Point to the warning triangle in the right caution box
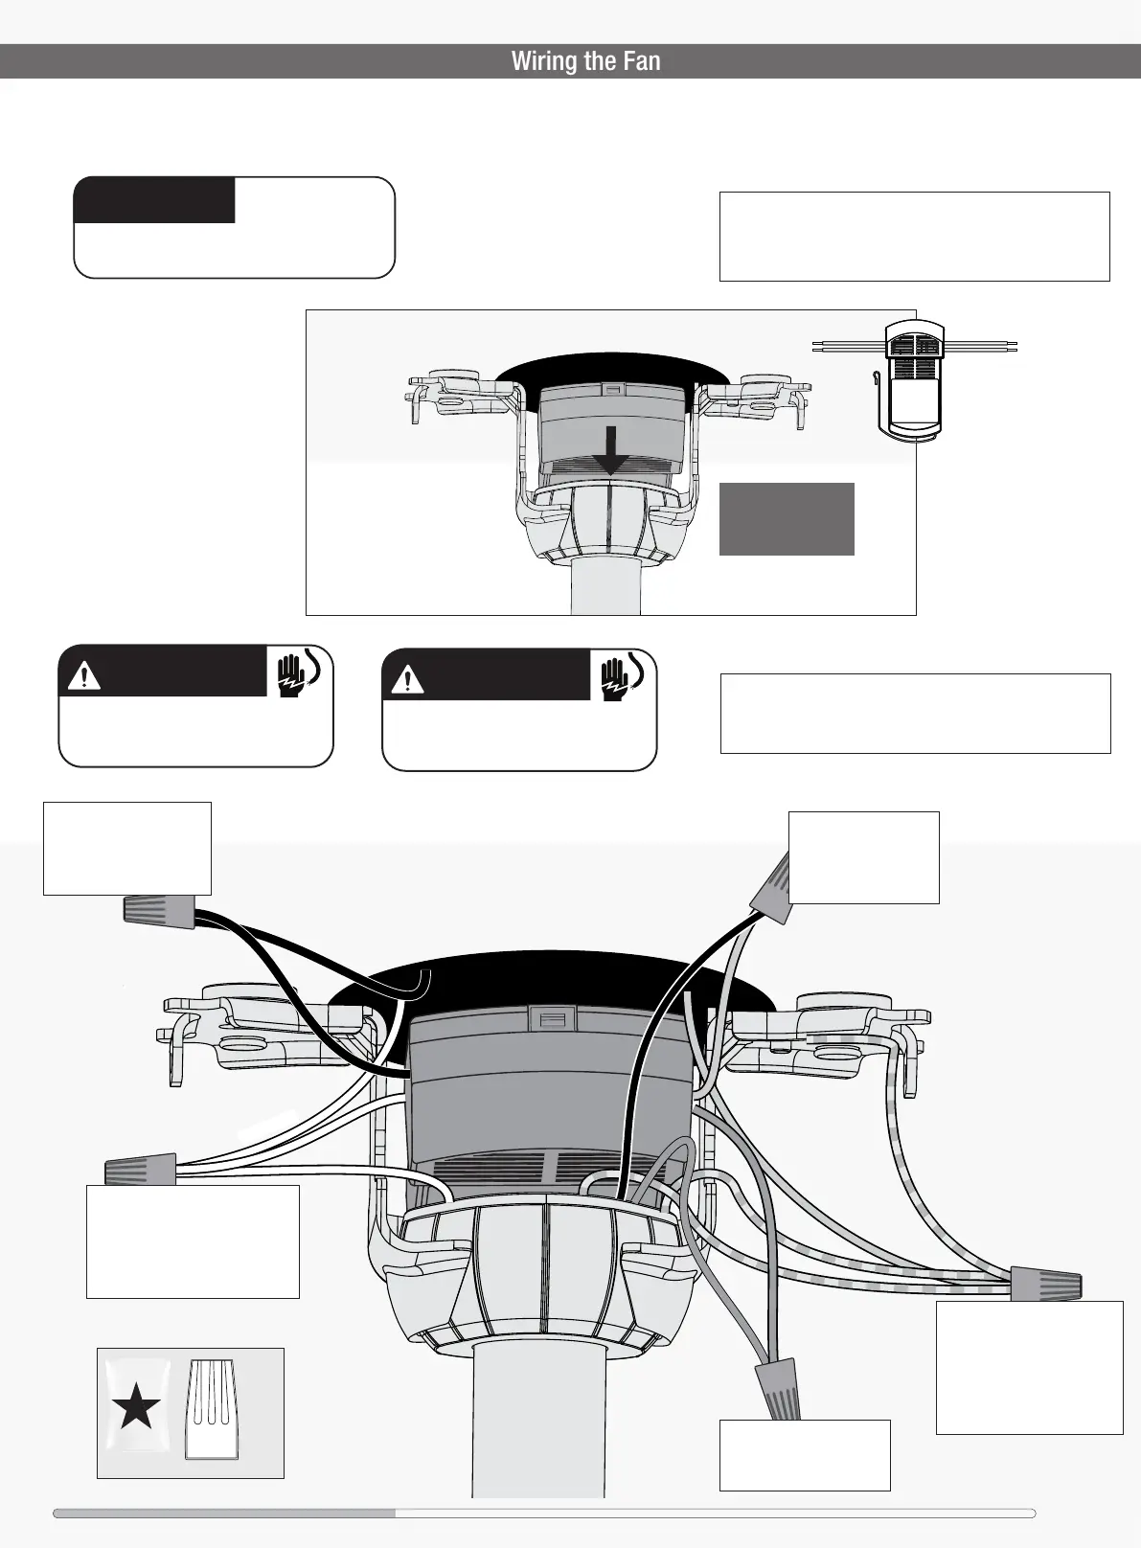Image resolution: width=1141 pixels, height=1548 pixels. tap(412, 680)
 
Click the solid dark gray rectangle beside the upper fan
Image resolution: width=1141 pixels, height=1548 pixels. tap(787, 519)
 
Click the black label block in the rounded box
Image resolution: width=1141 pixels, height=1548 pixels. tap(155, 200)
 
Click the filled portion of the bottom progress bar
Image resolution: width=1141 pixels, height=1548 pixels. tap(225, 1514)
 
